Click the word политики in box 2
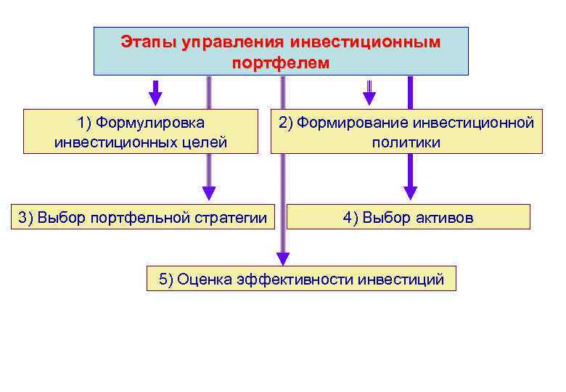tap(406, 142)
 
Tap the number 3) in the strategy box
tap(25, 217)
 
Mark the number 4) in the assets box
tap(350, 217)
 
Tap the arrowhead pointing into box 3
tap(209, 193)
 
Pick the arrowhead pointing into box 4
tap(411, 192)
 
